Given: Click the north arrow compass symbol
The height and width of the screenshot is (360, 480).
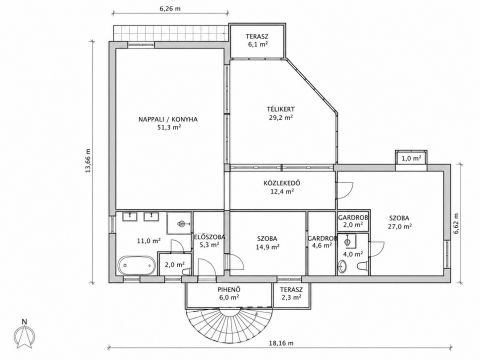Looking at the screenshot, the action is [x=24, y=334].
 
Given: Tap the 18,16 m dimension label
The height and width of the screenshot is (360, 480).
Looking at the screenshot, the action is [x=281, y=343].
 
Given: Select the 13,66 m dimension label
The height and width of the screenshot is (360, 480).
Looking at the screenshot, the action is [x=88, y=160].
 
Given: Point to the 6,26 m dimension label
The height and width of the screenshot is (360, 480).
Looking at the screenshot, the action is [x=170, y=9].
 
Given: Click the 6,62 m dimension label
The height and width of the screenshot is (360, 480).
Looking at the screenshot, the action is [x=456, y=223].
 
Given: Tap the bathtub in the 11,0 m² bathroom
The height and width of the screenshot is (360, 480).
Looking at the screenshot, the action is [x=137, y=265].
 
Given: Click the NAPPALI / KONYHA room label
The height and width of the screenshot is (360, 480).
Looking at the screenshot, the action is [x=168, y=119].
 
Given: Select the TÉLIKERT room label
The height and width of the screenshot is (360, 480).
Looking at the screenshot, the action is [x=281, y=109].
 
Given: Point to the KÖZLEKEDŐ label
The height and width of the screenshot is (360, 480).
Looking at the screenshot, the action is [x=282, y=183].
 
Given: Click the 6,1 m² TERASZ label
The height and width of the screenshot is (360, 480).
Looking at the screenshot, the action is [x=257, y=36].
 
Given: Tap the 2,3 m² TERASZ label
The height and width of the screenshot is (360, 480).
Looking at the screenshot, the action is [x=291, y=290].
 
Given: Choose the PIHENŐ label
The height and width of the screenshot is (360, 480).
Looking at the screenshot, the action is [x=229, y=290].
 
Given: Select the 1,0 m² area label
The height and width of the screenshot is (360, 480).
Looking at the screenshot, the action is [x=411, y=159].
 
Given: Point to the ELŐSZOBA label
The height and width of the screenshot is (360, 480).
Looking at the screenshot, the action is [x=210, y=237].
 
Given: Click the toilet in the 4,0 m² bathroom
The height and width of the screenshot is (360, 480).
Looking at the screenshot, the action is [x=362, y=266].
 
